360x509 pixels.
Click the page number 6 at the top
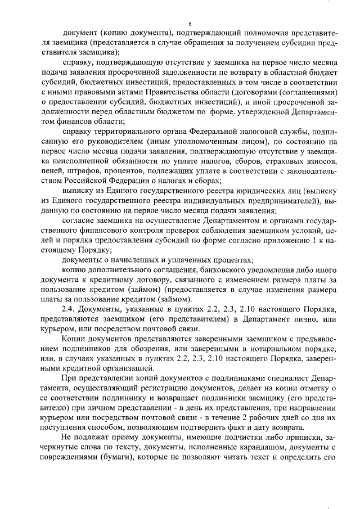pos(191,23)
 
